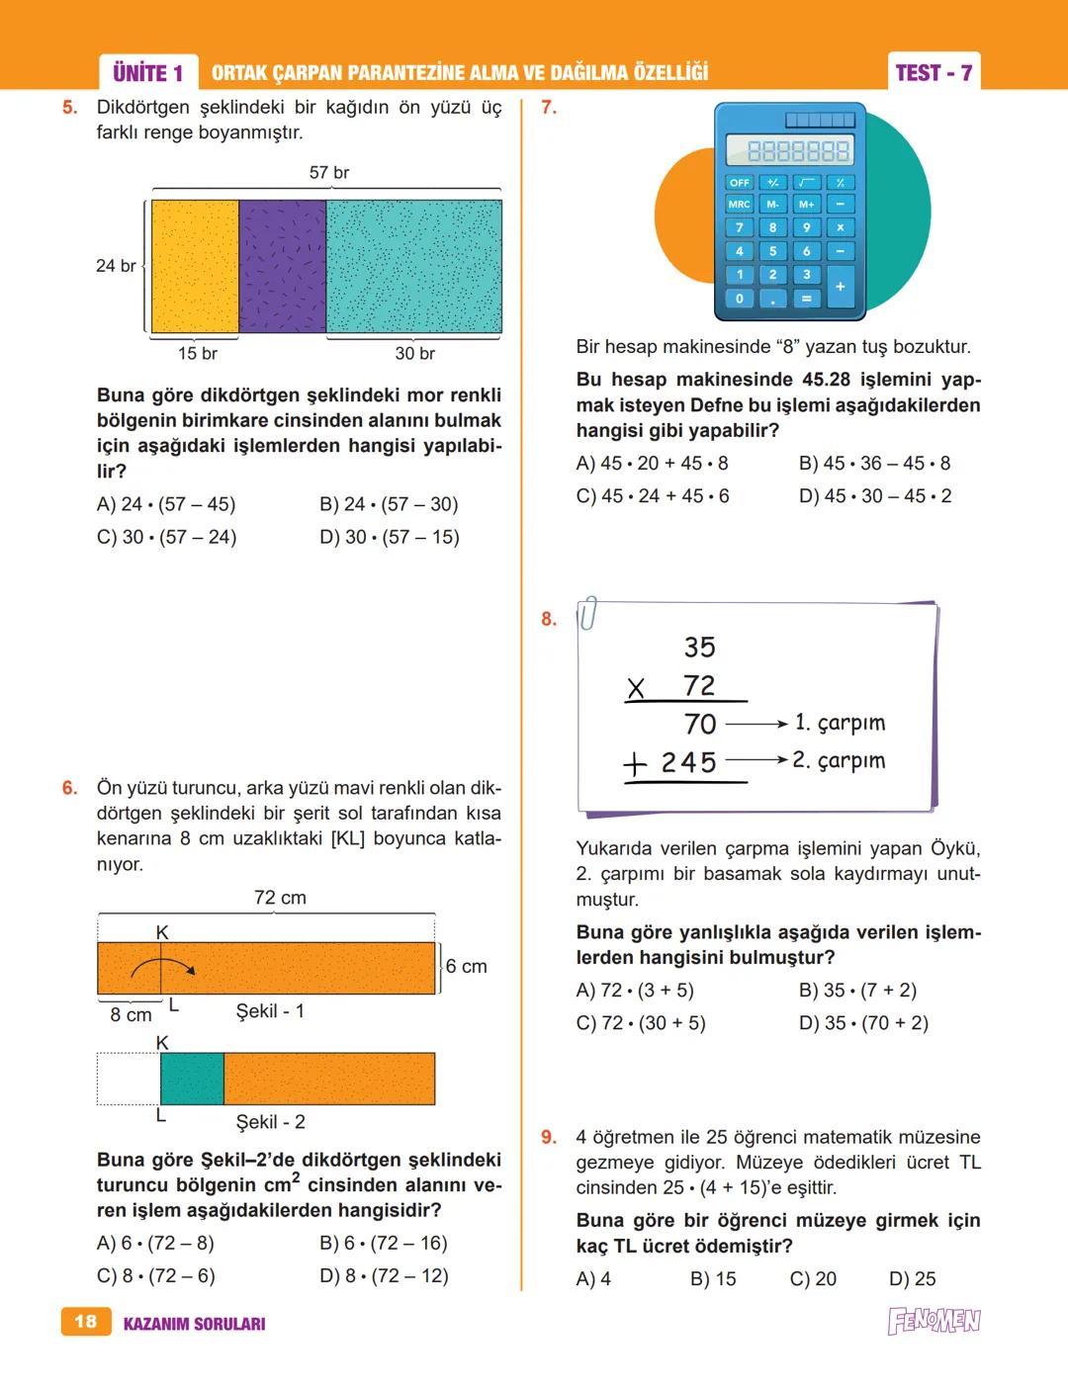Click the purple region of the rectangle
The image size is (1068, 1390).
pos(282,266)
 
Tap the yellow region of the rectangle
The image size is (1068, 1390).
pos(195,266)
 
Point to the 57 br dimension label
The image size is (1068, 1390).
pos(328,173)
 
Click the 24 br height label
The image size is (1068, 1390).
pos(116,266)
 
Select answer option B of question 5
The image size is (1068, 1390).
pos(389,504)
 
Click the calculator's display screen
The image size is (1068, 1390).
pos(789,150)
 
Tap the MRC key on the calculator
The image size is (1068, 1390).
pos(739,205)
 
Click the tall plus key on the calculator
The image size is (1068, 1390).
pos(840,287)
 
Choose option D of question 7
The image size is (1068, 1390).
pos(875,496)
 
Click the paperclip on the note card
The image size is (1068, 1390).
pos(588,613)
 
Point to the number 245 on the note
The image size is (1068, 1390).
pos(688,762)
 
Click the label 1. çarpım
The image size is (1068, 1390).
pos(840,723)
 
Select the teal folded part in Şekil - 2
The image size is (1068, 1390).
pos(192,1079)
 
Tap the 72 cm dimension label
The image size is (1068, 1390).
pos(280,898)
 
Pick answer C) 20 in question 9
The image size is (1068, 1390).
pos(813,1279)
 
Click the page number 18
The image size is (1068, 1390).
pos(86,1322)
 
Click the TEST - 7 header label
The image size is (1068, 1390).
pos(933,72)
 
